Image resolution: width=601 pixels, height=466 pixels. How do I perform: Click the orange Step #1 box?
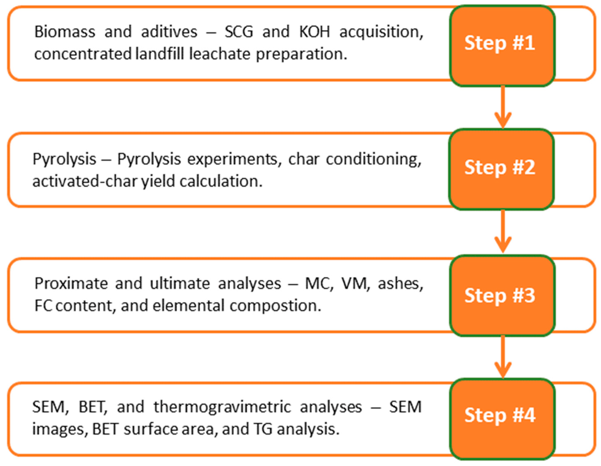click(502, 45)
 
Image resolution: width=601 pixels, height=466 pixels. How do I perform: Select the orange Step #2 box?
click(501, 169)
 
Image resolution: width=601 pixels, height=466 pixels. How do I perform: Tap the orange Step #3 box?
click(502, 295)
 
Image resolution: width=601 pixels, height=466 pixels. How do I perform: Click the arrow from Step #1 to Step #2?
click(503, 107)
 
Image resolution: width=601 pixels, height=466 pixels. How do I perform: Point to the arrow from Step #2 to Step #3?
click(503, 231)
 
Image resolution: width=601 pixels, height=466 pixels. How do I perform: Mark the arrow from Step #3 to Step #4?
click(503, 357)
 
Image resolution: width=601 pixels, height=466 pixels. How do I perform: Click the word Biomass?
click(65, 32)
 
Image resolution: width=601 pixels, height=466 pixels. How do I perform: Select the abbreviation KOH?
click(314, 32)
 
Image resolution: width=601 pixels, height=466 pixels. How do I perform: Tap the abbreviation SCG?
click(239, 32)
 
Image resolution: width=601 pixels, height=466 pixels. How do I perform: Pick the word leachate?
click(220, 54)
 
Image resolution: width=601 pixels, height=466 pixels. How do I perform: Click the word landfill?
click(160, 54)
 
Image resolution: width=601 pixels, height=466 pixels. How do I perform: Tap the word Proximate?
click(71, 284)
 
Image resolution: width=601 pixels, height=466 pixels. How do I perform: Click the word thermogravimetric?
click(222, 407)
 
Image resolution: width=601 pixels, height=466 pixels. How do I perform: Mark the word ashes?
click(400, 284)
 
